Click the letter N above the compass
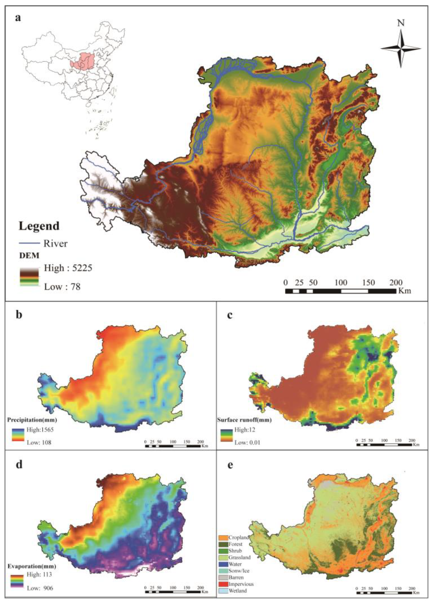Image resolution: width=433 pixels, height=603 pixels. [x=401, y=23]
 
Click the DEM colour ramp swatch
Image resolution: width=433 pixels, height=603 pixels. [x=29, y=276]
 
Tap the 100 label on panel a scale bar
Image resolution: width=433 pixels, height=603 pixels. [x=341, y=282]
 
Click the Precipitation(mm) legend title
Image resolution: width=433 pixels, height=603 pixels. [x=32, y=420]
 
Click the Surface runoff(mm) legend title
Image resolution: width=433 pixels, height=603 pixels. [x=244, y=420]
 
